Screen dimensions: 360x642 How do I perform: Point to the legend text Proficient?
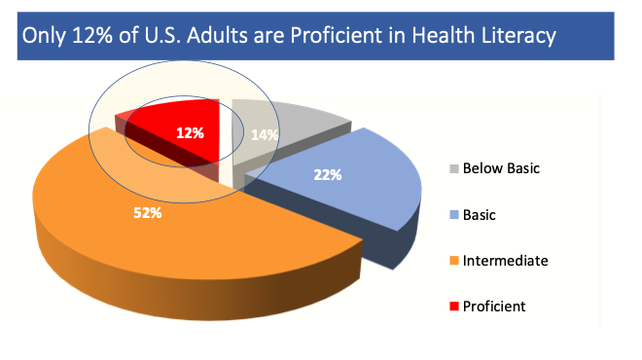[x=495, y=306]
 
